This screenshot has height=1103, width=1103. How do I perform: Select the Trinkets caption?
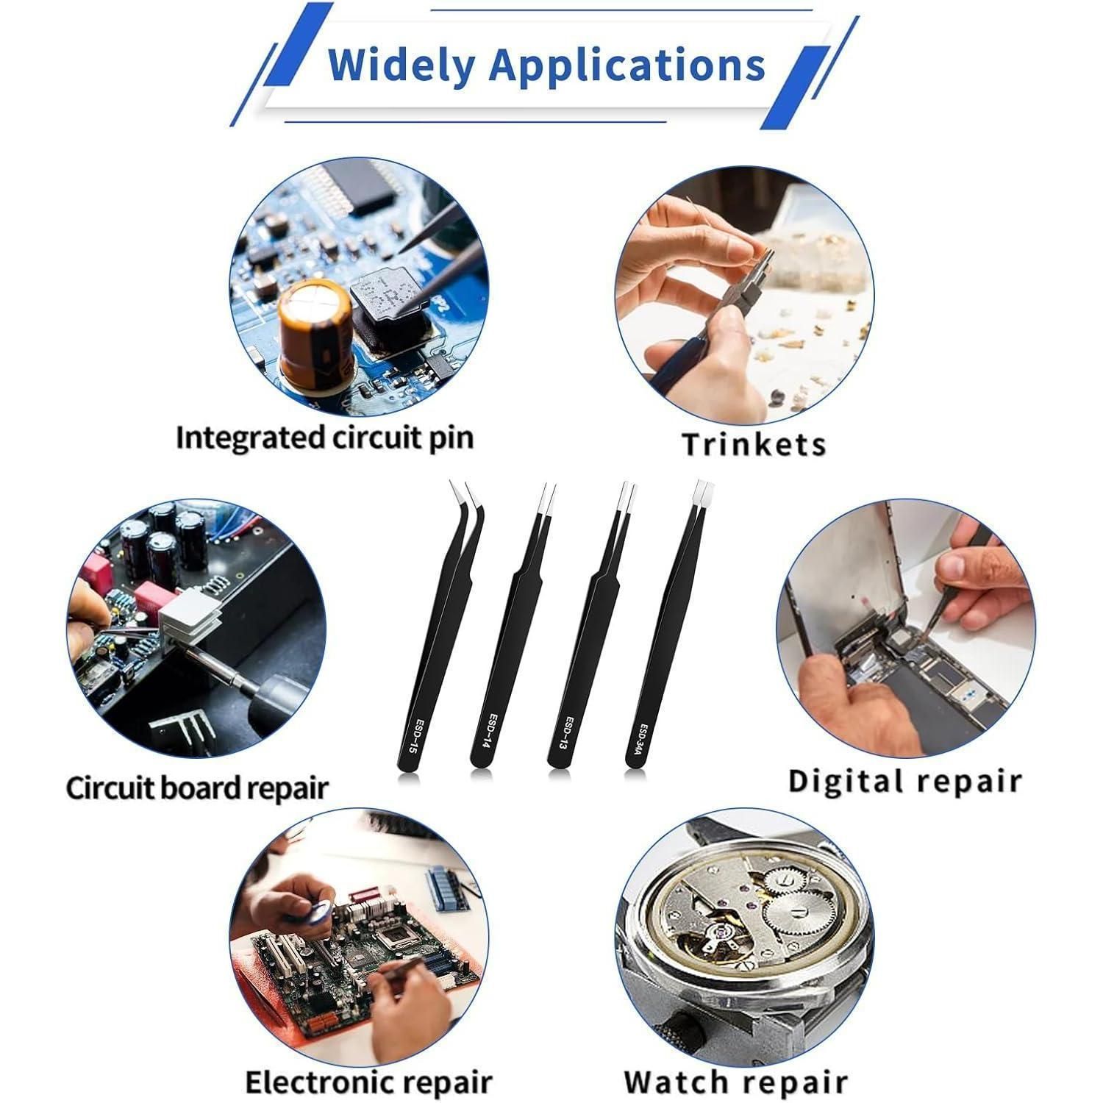[754, 444]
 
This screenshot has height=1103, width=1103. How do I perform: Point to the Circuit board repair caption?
[197, 788]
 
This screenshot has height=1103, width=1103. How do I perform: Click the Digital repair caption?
[904, 781]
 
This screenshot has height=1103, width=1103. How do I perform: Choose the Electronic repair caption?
[368, 1082]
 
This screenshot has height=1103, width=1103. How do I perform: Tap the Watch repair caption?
[735, 1082]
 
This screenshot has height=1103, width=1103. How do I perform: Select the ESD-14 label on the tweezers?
[490, 732]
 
